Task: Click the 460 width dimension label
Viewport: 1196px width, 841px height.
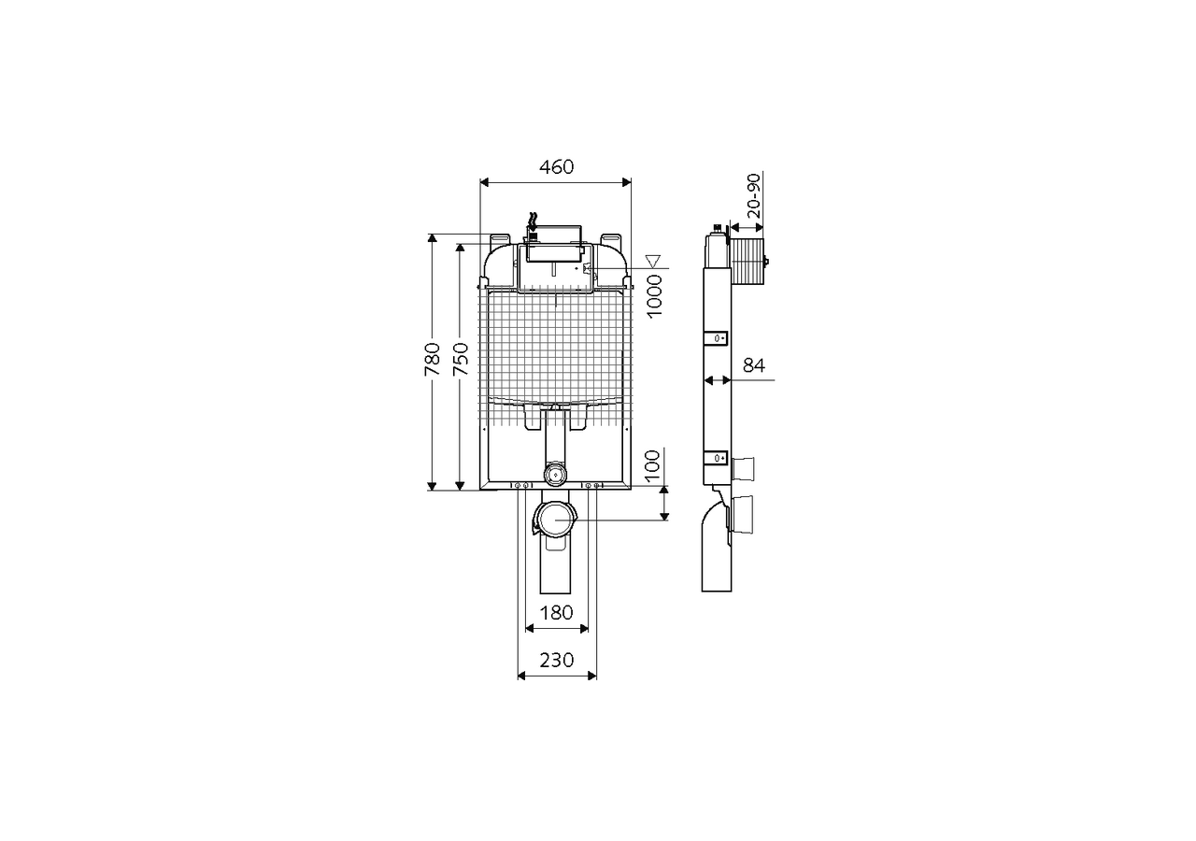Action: (556, 167)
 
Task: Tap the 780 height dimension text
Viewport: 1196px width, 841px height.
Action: (433, 359)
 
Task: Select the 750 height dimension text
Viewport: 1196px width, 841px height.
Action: (461, 359)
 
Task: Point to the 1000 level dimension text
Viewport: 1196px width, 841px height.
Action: (654, 296)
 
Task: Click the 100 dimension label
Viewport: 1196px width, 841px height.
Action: (652, 465)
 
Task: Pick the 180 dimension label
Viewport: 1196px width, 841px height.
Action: (556, 612)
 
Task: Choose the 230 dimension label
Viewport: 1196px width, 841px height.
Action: (556, 661)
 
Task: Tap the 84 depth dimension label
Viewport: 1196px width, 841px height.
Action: (754, 365)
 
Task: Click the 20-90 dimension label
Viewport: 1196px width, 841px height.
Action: (753, 195)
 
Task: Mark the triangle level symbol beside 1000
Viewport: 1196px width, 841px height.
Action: (653, 261)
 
